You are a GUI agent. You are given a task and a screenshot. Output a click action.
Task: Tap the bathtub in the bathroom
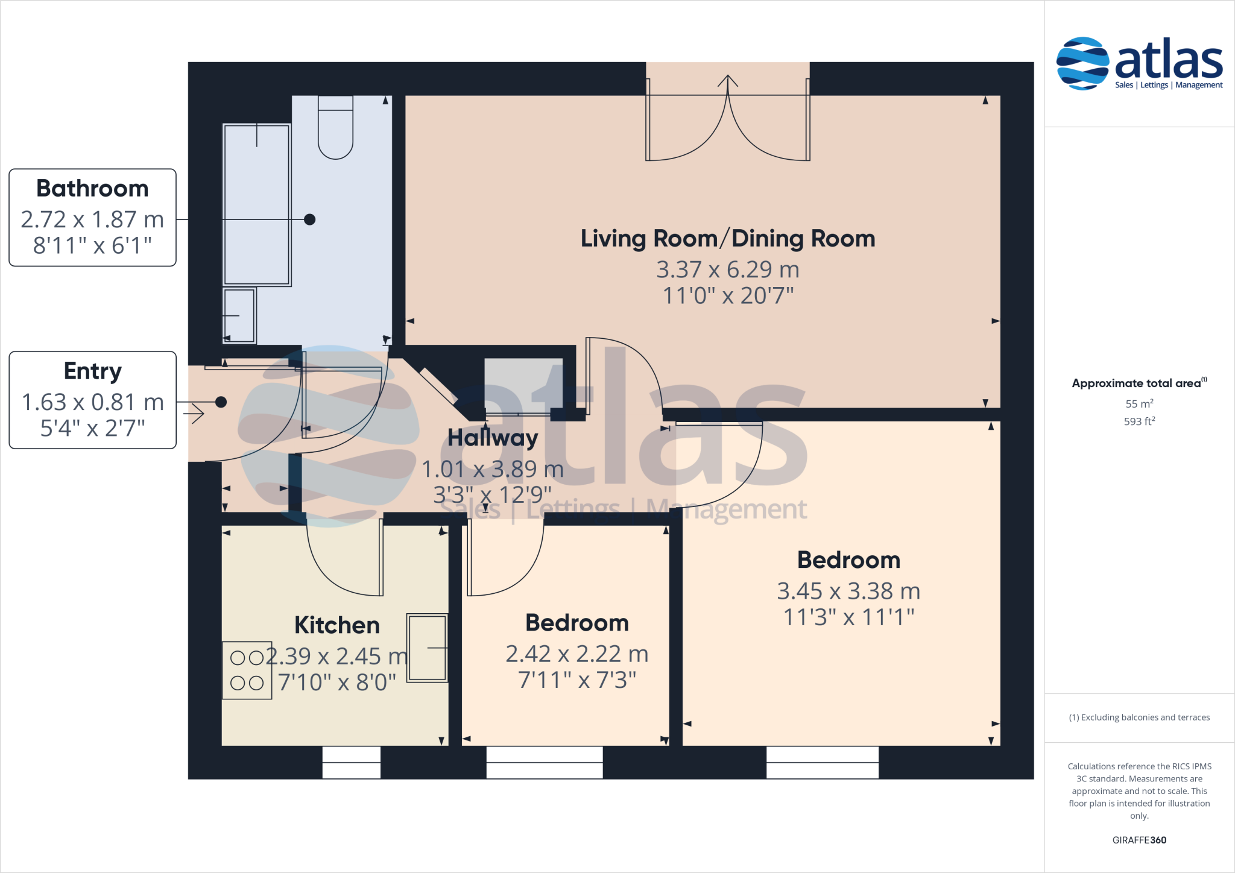pyautogui.click(x=257, y=205)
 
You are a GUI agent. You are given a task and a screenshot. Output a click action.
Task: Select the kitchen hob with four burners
pyautogui.click(x=247, y=670)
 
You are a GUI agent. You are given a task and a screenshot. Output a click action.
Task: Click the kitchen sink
pyautogui.click(x=427, y=648)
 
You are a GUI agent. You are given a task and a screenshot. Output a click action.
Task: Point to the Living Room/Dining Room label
pyautogui.click(x=727, y=239)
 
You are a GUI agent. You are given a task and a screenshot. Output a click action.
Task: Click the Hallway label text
pyautogui.click(x=493, y=438)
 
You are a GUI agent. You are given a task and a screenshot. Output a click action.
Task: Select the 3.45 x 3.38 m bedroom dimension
pyautogui.click(x=848, y=591)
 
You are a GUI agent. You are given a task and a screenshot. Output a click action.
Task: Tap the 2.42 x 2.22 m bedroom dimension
pyautogui.click(x=576, y=654)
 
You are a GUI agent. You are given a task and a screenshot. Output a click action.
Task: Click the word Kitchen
pyautogui.click(x=337, y=625)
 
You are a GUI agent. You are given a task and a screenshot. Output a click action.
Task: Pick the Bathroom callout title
pyautogui.click(x=92, y=189)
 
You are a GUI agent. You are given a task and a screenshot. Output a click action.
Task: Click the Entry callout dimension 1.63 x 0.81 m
pyautogui.click(x=92, y=402)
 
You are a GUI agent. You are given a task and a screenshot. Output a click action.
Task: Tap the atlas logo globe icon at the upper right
pyautogui.click(x=1082, y=63)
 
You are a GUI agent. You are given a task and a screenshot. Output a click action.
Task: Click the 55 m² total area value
pyautogui.click(x=1139, y=404)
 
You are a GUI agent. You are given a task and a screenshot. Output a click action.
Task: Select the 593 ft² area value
pyautogui.click(x=1139, y=421)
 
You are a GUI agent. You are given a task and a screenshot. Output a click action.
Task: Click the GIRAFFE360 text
pyautogui.click(x=1139, y=840)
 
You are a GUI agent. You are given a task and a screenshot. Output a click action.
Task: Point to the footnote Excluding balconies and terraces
pyautogui.click(x=1139, y=717)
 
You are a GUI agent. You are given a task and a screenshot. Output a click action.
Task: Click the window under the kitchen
pyautogui.click(x=351, y=762)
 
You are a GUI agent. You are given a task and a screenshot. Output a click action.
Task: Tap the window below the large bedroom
pyautogui.click(x=822, y=762)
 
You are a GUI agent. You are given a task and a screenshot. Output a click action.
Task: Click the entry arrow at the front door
pyautogui.click(x=194, y=414)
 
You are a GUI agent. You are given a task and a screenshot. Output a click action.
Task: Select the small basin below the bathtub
pyautogui.click(x=239, y=315)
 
